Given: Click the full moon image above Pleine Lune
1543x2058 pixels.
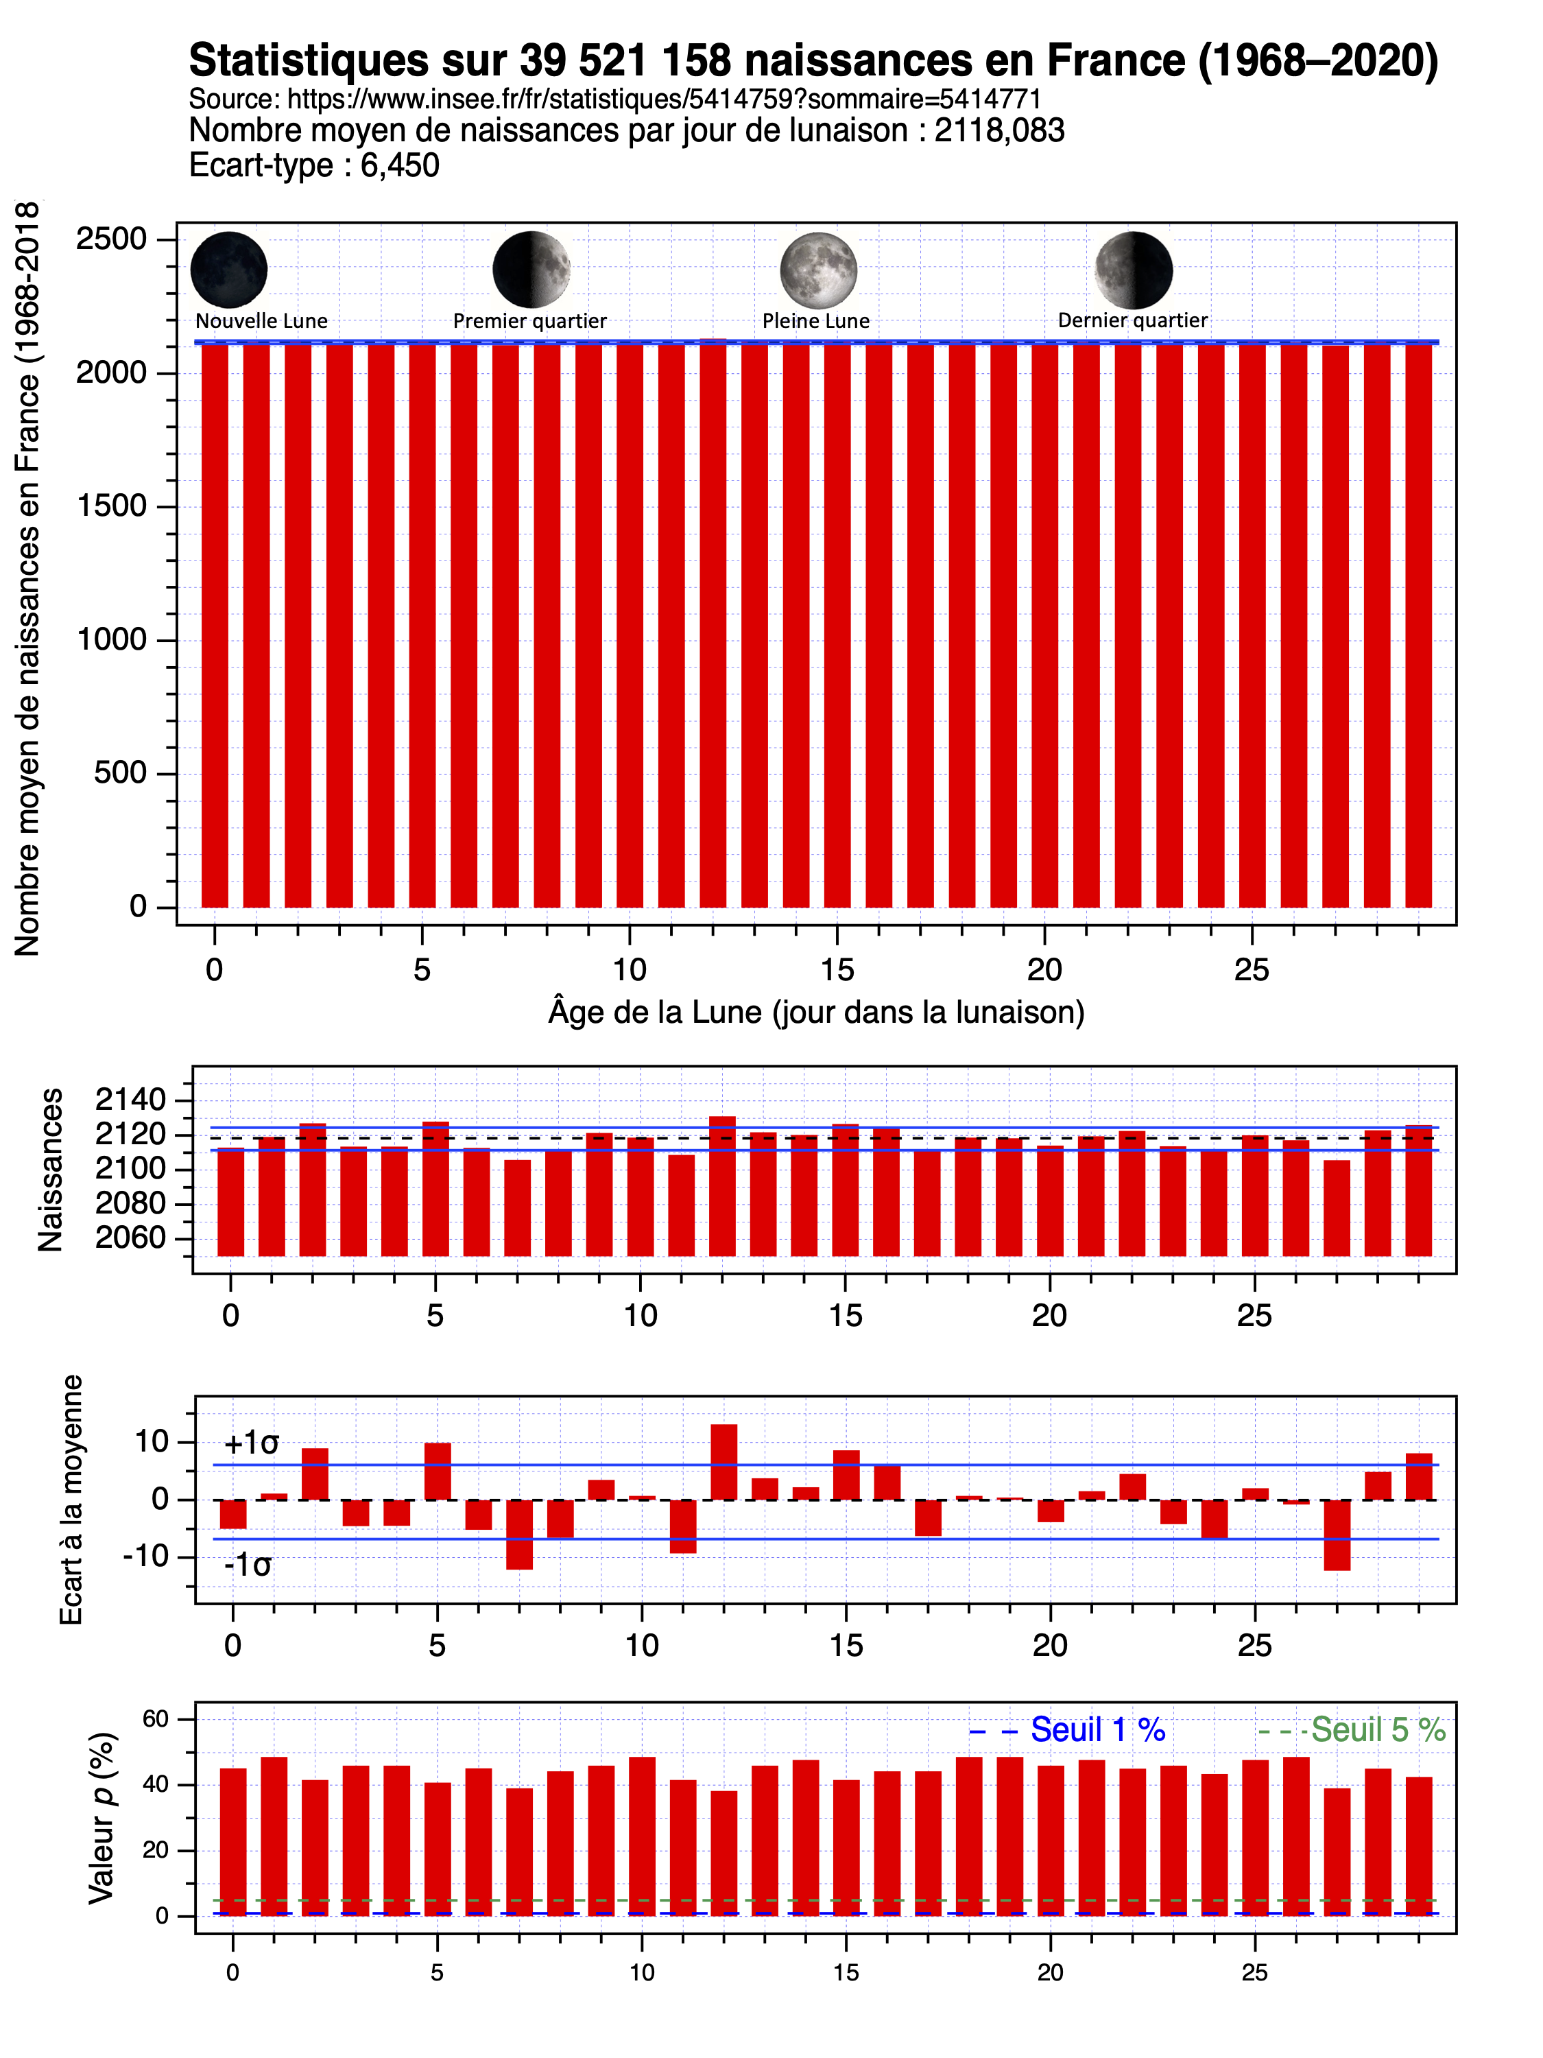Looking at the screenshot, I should pyautogui.click(x=817, y=270).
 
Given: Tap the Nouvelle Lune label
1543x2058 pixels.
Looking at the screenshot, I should pyautogui.click(x=261, y=321).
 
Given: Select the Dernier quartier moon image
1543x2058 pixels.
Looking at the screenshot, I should pyautogui.click(x=1133, y=270).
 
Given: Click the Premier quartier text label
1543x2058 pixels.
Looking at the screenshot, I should pyautogui.click(x=529, y=321).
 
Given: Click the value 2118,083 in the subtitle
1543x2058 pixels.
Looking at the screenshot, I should pyautogui.click(x=999, y=131).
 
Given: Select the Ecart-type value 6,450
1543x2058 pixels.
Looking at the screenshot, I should pyautogui.click(x=400, y=165).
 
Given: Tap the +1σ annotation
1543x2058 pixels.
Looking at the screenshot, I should pyautogui.click(x=251, y=1443).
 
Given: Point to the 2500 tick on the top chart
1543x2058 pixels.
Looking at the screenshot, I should pyautogui.click(x=112, y=239).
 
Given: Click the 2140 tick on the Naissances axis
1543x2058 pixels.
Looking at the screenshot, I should pyautogui.click(x=130, y=1100).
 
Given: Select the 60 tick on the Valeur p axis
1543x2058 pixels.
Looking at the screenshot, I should pyautogui.click(x=155, y=1719).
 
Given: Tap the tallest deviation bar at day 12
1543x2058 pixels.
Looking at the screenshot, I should pyautogui.click(x=723, y=1462).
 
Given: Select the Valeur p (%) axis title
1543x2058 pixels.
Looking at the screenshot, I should pyautogui.click(x=101, y=1819).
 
